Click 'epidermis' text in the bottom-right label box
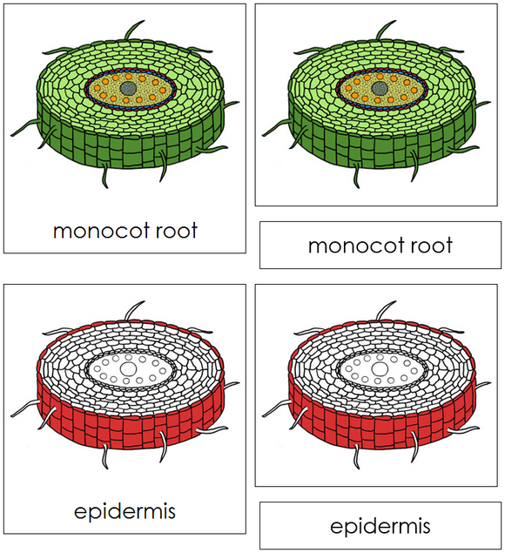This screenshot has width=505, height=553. (380, 526)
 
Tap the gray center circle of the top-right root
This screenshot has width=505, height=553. (379, 88)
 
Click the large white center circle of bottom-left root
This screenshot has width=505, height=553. (128, 368)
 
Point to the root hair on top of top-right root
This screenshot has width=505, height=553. (383, 32)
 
